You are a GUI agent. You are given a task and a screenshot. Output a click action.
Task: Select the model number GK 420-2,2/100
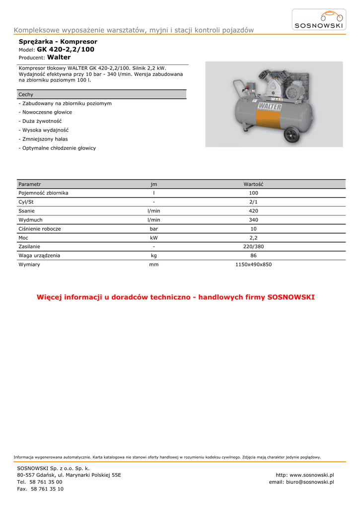(x=66, y=50)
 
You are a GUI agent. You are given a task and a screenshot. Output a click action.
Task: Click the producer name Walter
(x=59, y=58)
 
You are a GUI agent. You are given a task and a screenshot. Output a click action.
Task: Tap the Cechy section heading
(x=26, y=94)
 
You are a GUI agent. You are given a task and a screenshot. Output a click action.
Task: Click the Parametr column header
(x=29, y=184)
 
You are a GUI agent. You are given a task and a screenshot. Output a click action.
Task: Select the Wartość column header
(x=253, y=184)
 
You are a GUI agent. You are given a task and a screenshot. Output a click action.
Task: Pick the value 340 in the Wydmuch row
(x=253, y=220)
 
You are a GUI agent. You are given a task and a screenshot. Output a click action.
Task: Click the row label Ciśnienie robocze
(x=40, y=229)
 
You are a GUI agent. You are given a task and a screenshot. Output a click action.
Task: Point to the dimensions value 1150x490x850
(x=253, y=264)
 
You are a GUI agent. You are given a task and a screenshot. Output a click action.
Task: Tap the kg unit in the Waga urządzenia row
(x=154, y=255)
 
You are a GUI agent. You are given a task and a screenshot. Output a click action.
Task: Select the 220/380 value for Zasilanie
(x=253, y=247)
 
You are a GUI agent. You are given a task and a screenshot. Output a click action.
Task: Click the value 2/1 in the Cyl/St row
(x=253, y=202)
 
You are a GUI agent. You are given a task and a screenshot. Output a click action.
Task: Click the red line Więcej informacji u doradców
(x=176, y=297)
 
